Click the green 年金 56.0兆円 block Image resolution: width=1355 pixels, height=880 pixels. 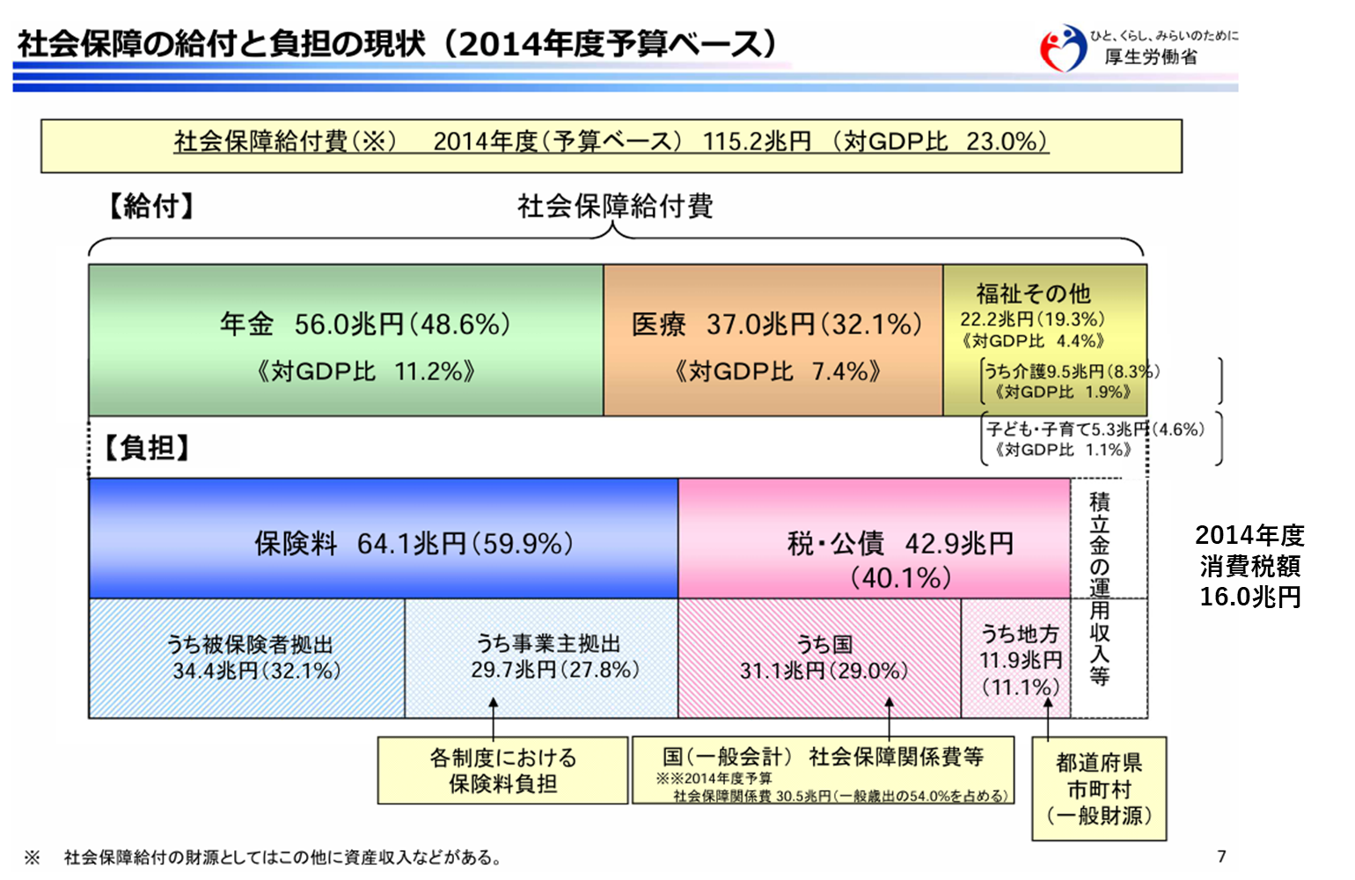(x=346, y=340)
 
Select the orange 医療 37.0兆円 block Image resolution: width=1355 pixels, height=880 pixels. (x=773, y=340)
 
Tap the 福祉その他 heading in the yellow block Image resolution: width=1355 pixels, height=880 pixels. (x=1033, y=294)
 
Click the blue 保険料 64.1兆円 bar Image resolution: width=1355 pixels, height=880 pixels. (x=384, y=539)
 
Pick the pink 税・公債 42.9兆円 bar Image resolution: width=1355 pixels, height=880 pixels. (x=874, y=539)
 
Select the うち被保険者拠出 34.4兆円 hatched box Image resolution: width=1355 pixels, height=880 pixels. (x=246, y=658)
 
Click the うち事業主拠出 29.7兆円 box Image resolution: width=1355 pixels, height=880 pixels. (x=541, y=658)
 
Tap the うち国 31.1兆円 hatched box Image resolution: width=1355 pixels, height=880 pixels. (x=820, y=658)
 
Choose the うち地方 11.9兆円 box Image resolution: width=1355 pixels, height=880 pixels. (x=1015, y=658)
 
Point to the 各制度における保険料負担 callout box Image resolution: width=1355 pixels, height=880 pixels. (x=502, y=770)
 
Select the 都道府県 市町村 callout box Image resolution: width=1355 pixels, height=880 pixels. (x=1098, y=788)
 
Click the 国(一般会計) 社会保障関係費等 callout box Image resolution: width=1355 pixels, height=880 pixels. (x=823, y=770)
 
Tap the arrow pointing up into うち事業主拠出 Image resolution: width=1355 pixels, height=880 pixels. (x=493, y=717)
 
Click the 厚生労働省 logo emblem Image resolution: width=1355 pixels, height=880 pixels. (x=1063, y=48)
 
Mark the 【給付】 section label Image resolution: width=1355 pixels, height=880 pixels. (x=151, y=206)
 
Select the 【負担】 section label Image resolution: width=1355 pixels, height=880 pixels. (x=147, y=448)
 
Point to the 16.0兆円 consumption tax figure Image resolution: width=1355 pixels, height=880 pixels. (x=1249, y=597)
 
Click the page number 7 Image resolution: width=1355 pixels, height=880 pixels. (x=1222, y=856)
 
